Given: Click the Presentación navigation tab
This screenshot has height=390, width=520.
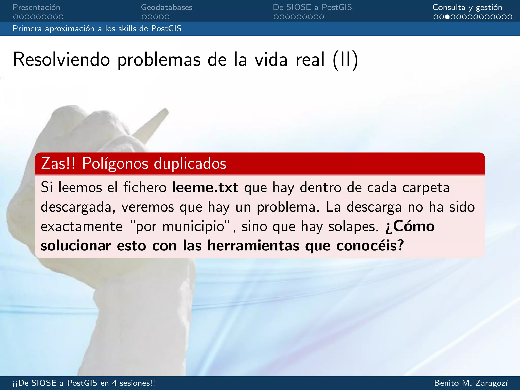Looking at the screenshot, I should pos(36,7).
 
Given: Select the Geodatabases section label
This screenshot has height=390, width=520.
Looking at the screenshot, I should pos(167,7).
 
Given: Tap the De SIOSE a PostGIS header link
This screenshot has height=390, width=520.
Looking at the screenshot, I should pos(312,7).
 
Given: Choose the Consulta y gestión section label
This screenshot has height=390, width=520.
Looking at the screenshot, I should pos(467,7).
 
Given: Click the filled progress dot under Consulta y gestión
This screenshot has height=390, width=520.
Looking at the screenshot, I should pos(447,17).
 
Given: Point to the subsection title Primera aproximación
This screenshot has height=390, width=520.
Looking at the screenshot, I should pos(96,29).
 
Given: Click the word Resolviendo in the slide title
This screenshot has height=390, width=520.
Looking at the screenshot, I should pos(61,60).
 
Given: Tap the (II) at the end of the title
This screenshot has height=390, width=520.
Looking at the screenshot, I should pos(346,60).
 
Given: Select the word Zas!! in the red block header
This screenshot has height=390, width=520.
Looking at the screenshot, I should pos(58,163).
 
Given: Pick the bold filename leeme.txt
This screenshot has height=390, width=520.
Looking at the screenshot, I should pos(205,188).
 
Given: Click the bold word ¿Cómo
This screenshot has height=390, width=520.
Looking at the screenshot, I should pos(410,226).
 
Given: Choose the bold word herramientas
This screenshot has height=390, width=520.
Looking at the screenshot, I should pos(253,246).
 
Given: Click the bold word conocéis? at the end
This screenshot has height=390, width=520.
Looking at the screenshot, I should pos(370,246).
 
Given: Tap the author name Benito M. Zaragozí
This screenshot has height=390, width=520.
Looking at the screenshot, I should pos(471,383).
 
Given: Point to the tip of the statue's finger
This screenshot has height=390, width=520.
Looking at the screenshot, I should pos(166,111).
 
